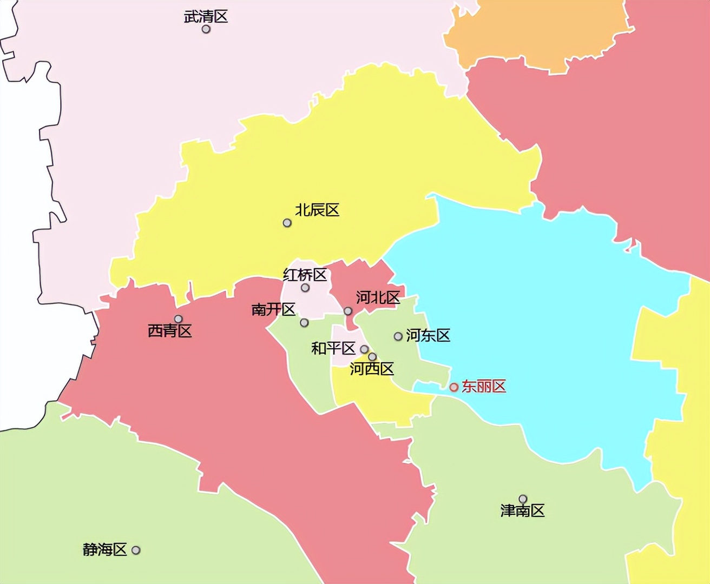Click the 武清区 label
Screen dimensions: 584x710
[x=206, y=16]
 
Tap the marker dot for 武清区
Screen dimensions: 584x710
[x=206, y=29]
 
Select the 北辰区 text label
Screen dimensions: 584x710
[x=317, y=210]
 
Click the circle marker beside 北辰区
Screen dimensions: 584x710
[x=287, y=223]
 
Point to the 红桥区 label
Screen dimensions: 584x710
[x=305, y=275]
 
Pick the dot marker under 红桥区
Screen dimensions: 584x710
[x=305, y=288]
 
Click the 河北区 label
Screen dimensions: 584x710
[x=378, y=297]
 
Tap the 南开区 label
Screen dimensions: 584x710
[x=273, y=309]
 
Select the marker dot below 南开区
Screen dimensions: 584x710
[x=304, y=323]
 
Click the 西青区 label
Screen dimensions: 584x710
[x=170, y=331]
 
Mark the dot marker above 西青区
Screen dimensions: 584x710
[x=178, y=319]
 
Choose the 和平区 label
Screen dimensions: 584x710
[x=333, y=348]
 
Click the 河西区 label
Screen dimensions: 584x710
[x=372, y=369]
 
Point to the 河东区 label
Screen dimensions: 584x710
[x=428, y=335]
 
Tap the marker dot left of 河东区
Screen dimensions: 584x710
[x=398, y=336]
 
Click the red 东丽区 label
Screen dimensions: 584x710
[x=484, y=386]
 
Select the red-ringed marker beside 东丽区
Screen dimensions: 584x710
[x=454, y=387]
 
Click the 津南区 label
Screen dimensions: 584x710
[x=522, y=510]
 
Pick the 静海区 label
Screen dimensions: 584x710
[x=104, y=549]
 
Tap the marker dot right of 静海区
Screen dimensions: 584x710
[x=136, y=550]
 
